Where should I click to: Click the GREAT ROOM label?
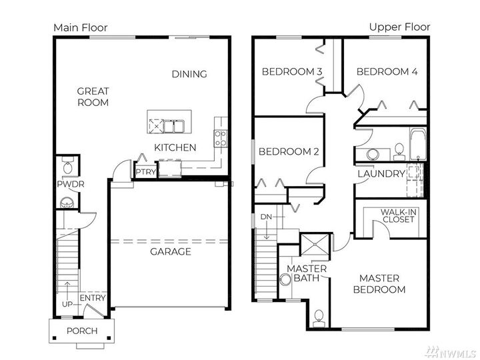pos(93,97)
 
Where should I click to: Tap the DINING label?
pos(189,74)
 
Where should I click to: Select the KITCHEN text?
pos(175,147)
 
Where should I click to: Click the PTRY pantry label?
pos(145,172)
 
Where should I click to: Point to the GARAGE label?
pos(170,251)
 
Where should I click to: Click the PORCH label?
pos(82,331)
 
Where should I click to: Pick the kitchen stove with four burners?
pos(220,138)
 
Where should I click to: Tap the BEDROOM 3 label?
pos(292,72)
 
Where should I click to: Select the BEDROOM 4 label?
pos(387,72)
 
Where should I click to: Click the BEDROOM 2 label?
pos(288,152)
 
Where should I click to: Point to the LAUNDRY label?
pos(381,174)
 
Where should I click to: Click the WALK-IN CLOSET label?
pos(399,216)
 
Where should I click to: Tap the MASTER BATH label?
pos(307,274)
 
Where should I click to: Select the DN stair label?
pos(266,217)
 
